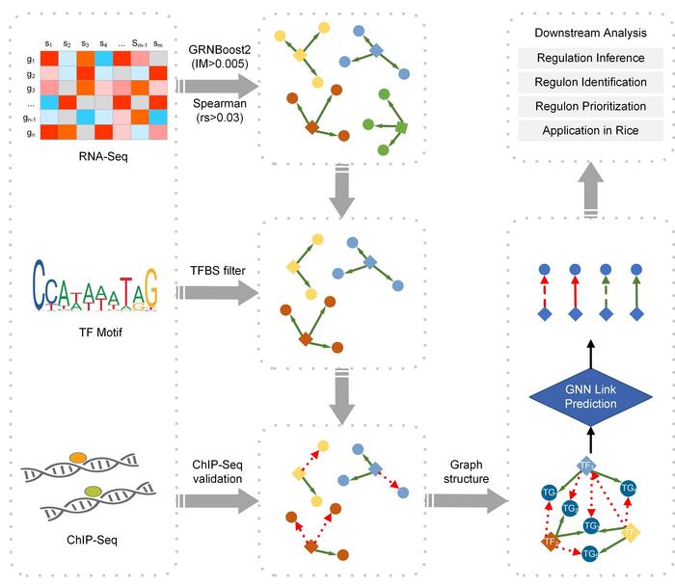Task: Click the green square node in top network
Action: click(x=402, y=127)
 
